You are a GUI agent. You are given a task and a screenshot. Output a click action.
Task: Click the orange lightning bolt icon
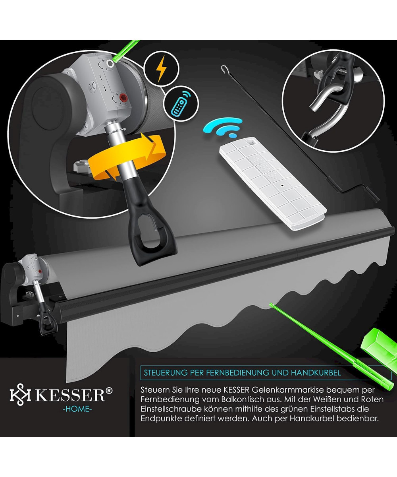pos(162,68)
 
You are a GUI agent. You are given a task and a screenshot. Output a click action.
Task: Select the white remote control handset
pos(273,183)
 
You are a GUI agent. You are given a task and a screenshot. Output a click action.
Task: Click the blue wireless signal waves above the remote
pos(222,128)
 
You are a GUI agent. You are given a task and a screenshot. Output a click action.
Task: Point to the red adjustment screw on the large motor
pos(124,98)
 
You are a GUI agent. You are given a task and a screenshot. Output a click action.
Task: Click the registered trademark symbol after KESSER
pos(109,390)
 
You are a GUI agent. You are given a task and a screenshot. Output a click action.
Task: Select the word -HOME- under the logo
pos(77,409)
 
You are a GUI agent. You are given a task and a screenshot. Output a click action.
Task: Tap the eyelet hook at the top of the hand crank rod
pos(225,68)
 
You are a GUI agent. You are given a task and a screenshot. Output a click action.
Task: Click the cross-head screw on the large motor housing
pos(93,86)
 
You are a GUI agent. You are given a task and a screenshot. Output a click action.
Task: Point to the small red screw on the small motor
pos(40,271)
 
